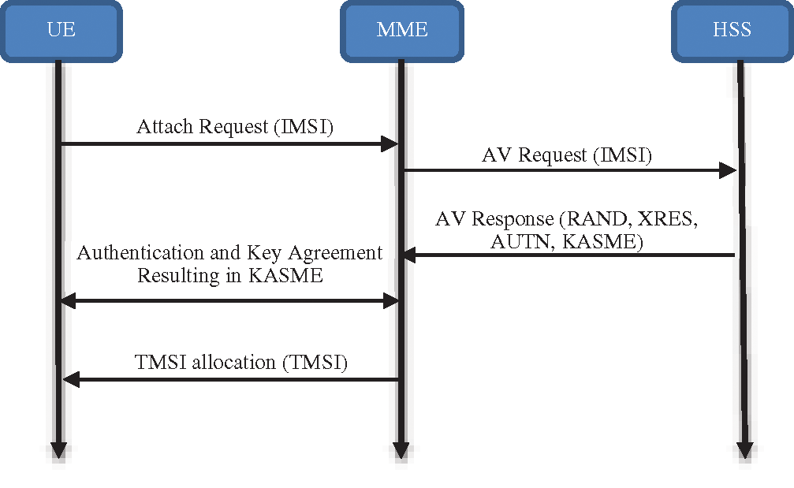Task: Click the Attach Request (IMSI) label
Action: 235,127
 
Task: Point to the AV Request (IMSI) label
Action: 567,155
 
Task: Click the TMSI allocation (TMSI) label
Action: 241,363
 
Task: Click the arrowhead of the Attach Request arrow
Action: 389,143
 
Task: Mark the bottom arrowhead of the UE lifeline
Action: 58,449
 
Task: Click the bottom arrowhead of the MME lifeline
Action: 401,449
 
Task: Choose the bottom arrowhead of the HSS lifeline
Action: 744,449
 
